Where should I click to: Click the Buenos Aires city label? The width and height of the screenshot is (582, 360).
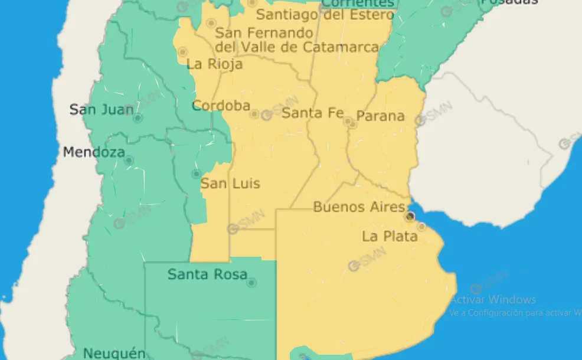[x=359, y=207]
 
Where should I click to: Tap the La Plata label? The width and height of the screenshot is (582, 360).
[x=390, y=237]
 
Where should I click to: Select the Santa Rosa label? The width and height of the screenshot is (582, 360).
[x=207, y=274]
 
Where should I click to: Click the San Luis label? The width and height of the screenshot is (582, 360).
[x=230, y=184]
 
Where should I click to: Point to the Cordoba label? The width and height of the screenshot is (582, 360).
[x=221, y=106]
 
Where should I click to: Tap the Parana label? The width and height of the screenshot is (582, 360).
[x=381, y=116]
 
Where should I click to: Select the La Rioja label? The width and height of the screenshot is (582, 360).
[x=214, y=64]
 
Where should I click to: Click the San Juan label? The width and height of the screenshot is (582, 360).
[x=102, y=109]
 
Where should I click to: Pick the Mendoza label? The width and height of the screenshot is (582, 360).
[x=94, y=152]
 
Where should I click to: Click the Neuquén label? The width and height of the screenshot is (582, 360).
[x=114, y=354]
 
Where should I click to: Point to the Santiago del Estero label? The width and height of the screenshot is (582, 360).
[x=325, y=15]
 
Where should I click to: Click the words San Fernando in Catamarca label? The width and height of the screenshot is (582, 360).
[x=264, y=33]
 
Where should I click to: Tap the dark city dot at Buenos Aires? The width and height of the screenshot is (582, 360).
[x=410, y=217]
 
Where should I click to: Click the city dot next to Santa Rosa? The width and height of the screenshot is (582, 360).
[x=252, y=283]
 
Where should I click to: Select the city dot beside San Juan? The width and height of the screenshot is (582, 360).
[x=138, y=118]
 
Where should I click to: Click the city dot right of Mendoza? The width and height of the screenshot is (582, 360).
[x=129, y=161]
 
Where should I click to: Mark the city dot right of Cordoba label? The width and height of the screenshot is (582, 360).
[x=254, y=114]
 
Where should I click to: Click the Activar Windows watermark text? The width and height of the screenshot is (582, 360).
[x=493, y=300]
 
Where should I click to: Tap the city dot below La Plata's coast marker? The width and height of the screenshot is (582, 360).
[x=421, y=226]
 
